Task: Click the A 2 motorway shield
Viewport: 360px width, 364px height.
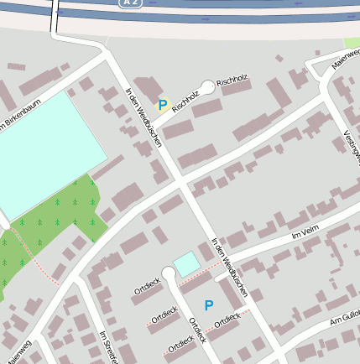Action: point(125,4)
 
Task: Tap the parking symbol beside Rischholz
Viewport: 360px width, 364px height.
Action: point(163,105)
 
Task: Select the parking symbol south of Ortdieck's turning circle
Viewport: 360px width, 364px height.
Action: point(209,306)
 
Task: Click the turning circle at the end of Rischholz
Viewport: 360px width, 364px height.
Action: point(208,86)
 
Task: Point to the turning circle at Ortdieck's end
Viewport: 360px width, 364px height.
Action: point(169,272)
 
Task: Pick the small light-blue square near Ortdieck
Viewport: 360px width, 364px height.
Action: point(186,263)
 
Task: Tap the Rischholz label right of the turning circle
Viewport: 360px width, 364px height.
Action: point(233,81)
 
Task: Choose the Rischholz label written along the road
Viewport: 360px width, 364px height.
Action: point(185,102)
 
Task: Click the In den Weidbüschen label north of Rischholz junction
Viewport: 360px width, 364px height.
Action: point(142,117)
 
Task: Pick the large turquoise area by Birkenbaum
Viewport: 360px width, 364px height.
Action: point(46,151)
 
